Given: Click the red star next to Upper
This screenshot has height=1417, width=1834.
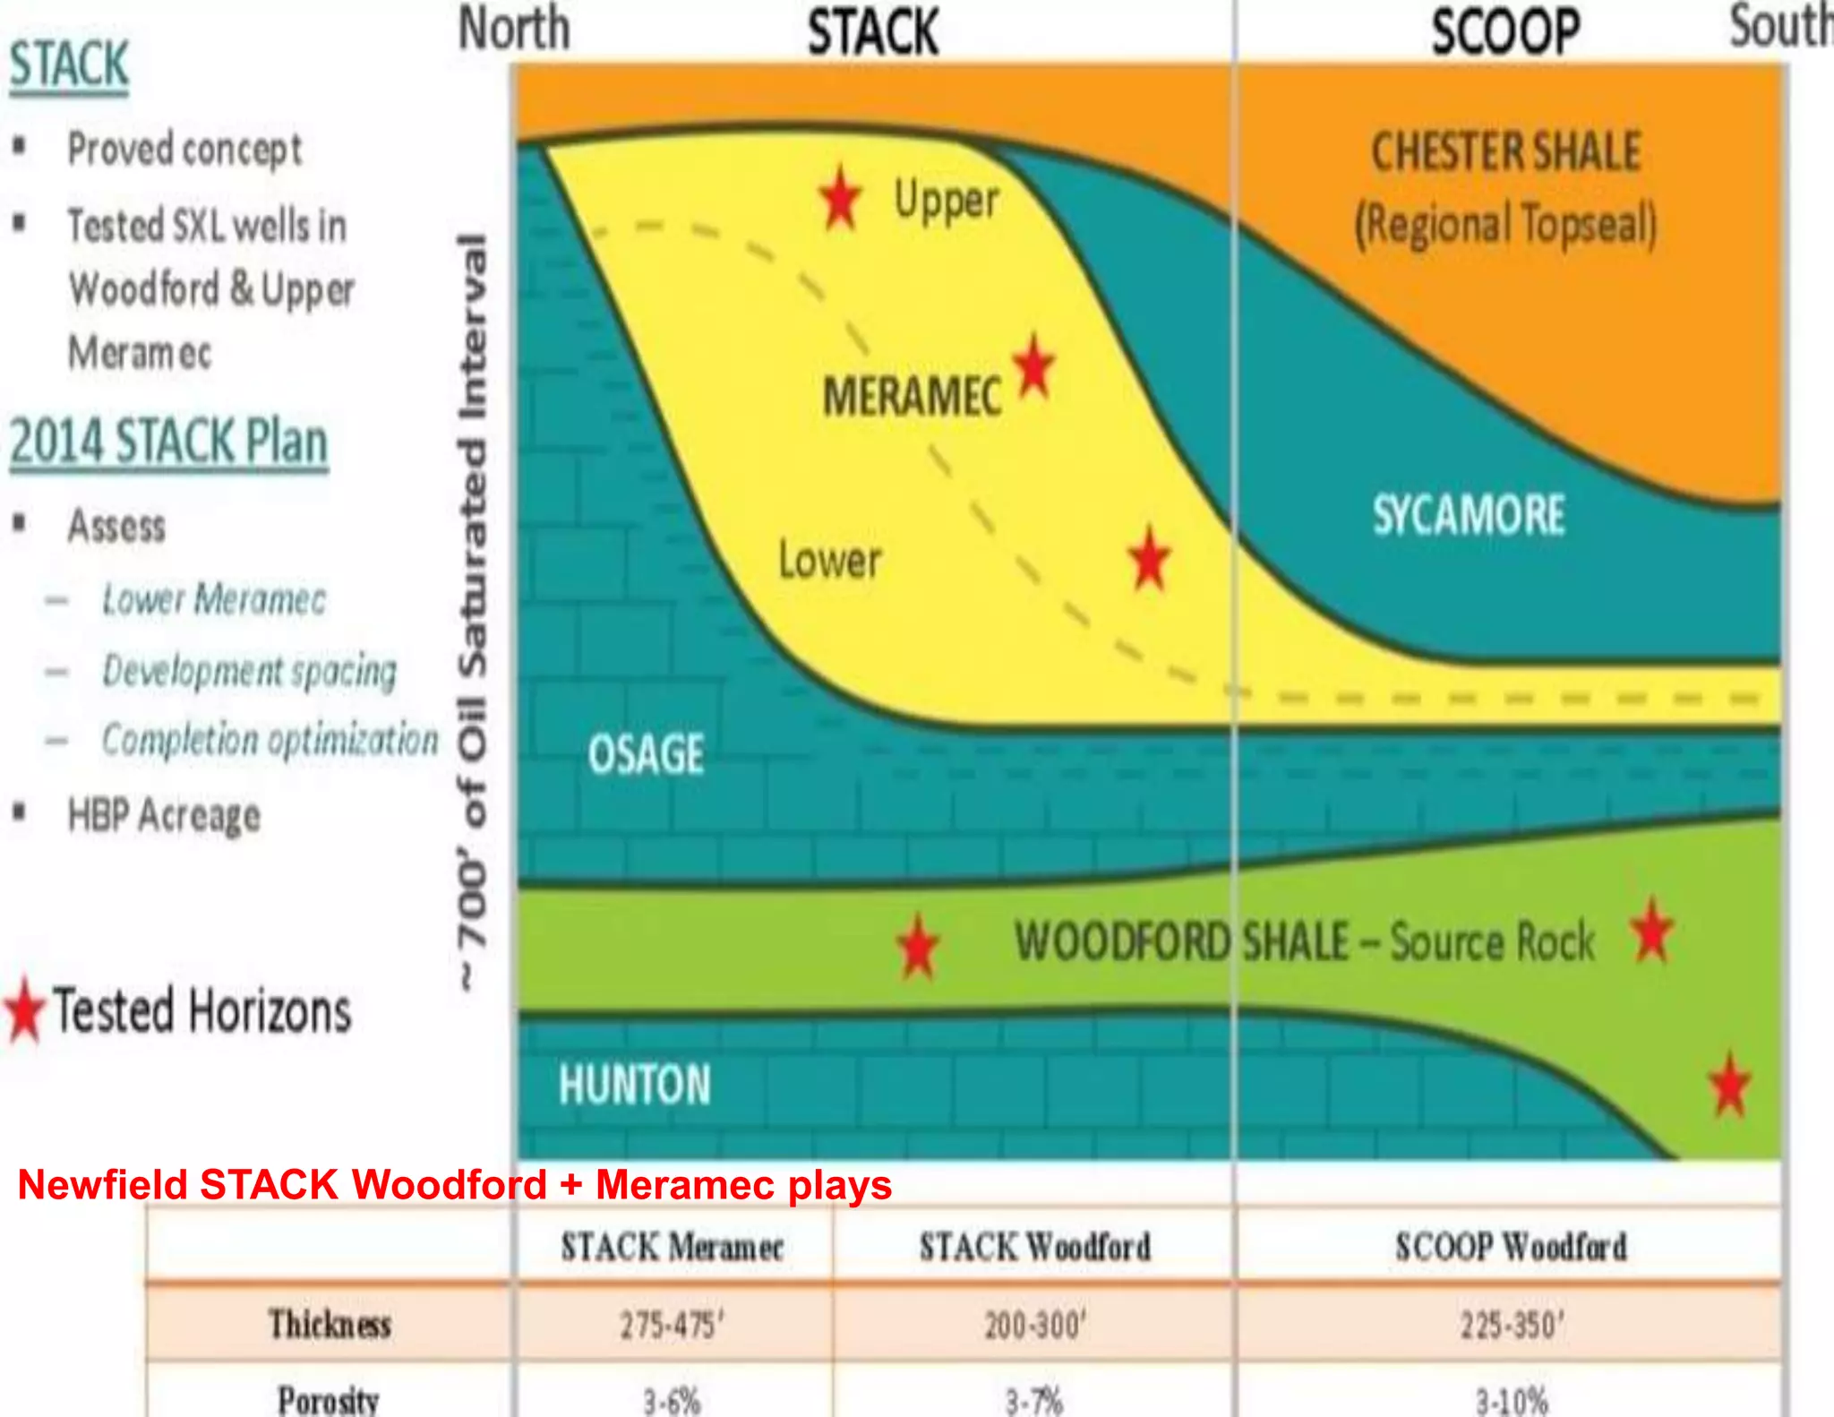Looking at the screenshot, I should point(840,198).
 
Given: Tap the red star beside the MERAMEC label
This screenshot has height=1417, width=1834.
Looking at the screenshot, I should point(1034,366).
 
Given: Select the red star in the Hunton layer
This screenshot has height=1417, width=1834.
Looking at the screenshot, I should point(1729,1085).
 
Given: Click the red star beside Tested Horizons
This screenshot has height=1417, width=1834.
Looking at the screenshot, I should point(25,1010).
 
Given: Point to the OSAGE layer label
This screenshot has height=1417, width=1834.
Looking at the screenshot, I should point(646,753).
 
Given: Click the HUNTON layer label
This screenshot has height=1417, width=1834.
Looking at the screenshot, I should point(634,1084).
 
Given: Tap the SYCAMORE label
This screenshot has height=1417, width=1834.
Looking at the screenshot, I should point(1469,515).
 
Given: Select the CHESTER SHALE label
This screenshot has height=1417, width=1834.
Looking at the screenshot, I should point(1506,151).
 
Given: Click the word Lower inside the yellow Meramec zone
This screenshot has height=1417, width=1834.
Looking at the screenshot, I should point(829,560).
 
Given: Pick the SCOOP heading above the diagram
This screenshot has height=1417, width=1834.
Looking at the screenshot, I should point(1505,32).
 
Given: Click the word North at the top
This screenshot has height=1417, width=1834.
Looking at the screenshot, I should point(514,29).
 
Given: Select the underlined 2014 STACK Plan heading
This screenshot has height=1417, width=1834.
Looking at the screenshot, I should point(168,442).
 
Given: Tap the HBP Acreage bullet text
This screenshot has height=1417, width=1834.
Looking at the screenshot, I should point(165,815).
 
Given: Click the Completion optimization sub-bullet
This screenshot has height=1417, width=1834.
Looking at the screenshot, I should point(270,740).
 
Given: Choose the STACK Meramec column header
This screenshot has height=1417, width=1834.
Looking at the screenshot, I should point(672,1247).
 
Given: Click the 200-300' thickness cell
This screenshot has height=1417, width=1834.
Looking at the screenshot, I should point(1035,1325).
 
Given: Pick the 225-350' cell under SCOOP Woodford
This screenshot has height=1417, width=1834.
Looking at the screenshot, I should point(1512,1325).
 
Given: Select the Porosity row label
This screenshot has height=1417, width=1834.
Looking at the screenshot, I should point(329,1399).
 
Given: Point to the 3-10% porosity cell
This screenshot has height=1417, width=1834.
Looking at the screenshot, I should point(1512,1400).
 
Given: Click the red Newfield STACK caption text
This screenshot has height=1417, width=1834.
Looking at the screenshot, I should point(455,1185).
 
